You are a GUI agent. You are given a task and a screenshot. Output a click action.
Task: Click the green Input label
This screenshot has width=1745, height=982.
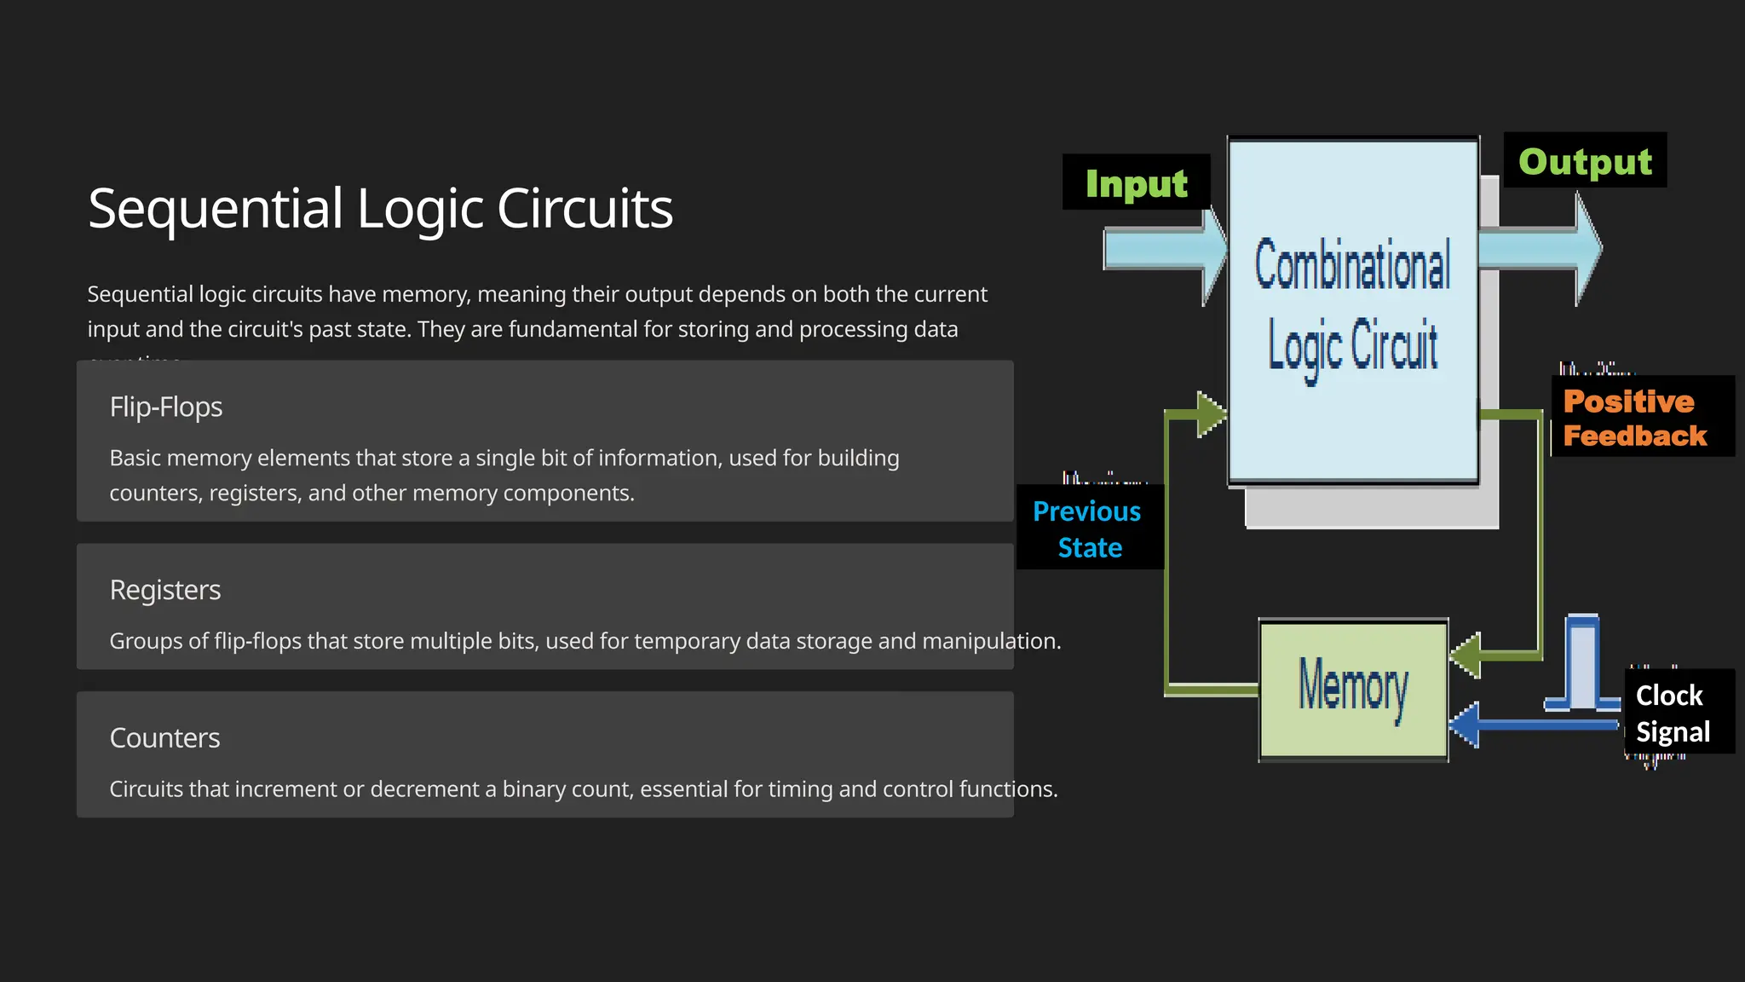[1136, 183]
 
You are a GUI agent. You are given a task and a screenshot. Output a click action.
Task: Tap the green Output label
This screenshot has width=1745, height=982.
[1585, 161]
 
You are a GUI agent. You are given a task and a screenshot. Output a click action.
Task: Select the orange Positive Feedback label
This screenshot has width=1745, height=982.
[1635, 418]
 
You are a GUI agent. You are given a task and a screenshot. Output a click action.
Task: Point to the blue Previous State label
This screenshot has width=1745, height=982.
[1088, 529]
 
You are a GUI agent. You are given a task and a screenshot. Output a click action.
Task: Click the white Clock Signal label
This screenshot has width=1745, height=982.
[1673, 713]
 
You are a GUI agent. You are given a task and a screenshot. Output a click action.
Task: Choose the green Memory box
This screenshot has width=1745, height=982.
[1353, 689]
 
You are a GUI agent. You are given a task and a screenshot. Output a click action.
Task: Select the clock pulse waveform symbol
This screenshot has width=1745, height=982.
[1583, 665]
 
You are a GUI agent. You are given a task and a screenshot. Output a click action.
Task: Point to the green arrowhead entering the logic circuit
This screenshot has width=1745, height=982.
[1210, 415]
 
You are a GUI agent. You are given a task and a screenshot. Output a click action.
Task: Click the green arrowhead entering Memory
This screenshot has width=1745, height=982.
[1466, 656]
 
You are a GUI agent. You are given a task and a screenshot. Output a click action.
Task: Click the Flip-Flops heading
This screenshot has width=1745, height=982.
[166, 407]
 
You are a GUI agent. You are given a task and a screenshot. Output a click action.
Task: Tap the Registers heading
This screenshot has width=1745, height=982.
[165, 590]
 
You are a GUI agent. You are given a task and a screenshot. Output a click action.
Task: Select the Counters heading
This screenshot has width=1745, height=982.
[164, 738]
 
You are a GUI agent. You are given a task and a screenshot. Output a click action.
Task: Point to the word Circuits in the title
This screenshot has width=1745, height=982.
[585, 209]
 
